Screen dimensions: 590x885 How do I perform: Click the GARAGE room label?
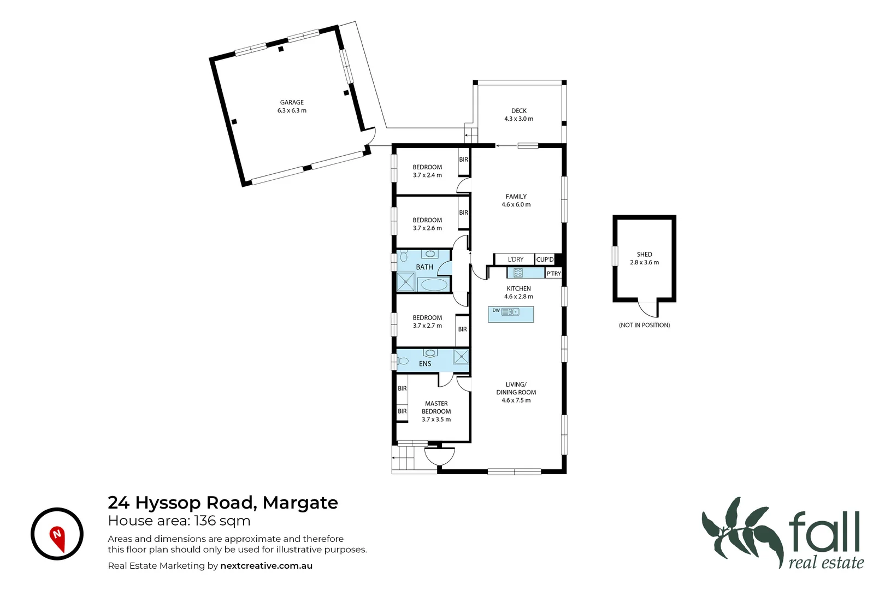pyautogui.click(x=292, y=102)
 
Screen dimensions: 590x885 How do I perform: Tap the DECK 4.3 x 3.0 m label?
pyautogui.click(x=518, y=115)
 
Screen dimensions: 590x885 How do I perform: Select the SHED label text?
pyautogui.click(x=644, y=255)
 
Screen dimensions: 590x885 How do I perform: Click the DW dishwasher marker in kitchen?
pyautogui.click(x=496, y=311)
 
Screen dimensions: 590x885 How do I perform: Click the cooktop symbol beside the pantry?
pyautogui.click(x=518, y=273)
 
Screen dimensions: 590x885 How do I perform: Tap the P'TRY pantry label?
pyautogui.click(x=553, y=274)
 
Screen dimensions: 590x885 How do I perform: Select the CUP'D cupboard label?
pyautogui.click(x=545, y=259)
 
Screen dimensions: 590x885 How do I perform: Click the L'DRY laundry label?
pyautogui.click(x=515, y=259)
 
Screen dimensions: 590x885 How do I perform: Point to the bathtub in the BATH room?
pyautogui.click(x=434, y=284)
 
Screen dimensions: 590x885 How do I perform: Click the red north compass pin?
pyautogui.click(x=57, y=537)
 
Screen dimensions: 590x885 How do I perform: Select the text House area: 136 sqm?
pyautogui.click(x=179, y=521)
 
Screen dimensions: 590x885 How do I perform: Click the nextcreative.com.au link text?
pyautogui.click(x=266, y=566)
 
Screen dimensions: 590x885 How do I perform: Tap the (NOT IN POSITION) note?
pyautogui.click(x=644, y=325)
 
